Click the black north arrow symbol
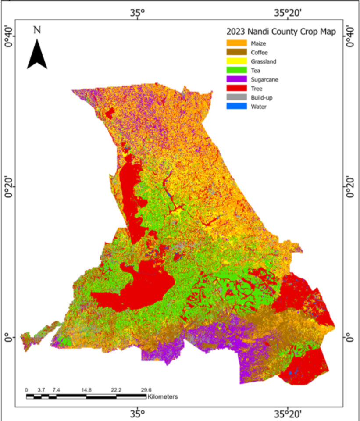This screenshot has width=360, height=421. pyautogui.click(x=37, y=55)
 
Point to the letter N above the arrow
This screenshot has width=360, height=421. pyautogui.click(x=37, y=30)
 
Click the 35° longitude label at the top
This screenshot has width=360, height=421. pyautogui.click(x=137, y=13)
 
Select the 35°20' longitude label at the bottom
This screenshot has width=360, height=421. pyautogui.click(x=288, y=414)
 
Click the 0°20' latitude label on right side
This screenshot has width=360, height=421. pyautogui.click(x=350, y=187)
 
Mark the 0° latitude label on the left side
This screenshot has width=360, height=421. pyautogui.click(x=9, y=338)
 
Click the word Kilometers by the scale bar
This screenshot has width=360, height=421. pyautogui.click(x=163, y=396)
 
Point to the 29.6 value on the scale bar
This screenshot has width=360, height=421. pyautogui.click(x=146, y=389)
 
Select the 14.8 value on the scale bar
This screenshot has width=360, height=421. pyautogui.click(x=86, y=389)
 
